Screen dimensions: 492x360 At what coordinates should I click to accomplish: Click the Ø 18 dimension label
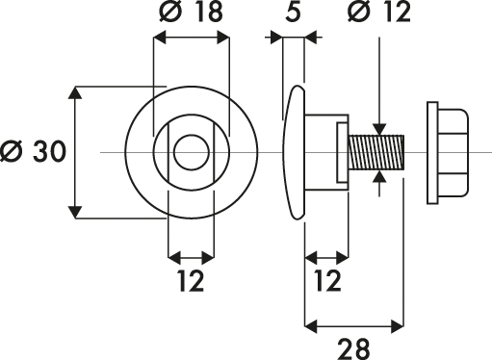(x=191, y=12)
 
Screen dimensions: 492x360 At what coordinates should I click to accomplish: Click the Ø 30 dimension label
(x=33, y=151)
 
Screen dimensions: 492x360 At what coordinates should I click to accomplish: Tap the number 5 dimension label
(x=293, y=12)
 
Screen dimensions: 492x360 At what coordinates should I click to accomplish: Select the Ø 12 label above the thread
(x=379, y=12)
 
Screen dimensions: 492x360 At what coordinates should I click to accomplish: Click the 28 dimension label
(x=353, y=348)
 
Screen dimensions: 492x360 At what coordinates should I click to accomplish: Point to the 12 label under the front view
(x=191, y=281)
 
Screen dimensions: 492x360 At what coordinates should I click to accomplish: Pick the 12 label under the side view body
(x=327, y=281)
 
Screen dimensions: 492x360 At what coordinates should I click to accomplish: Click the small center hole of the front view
(x=192, y=152)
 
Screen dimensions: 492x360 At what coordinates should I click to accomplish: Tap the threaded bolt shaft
(x=376, y=152)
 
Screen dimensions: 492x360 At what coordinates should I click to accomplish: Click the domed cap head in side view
(x=294, y=152)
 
